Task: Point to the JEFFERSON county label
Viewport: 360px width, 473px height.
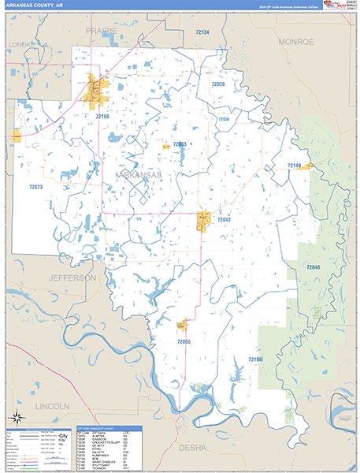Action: (72, 278)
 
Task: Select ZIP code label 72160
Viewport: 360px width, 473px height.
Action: (102, 117)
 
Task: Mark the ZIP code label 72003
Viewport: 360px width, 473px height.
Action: (179, 143)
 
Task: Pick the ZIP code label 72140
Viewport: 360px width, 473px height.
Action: (294, 165)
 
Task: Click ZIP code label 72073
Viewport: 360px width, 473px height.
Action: (35, 188)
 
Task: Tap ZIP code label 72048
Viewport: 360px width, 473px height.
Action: (314, 268)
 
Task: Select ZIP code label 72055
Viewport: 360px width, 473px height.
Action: (184, 341)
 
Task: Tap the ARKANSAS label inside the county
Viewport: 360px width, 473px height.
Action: (141, 174)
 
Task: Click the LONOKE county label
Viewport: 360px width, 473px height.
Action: (22, 45)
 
